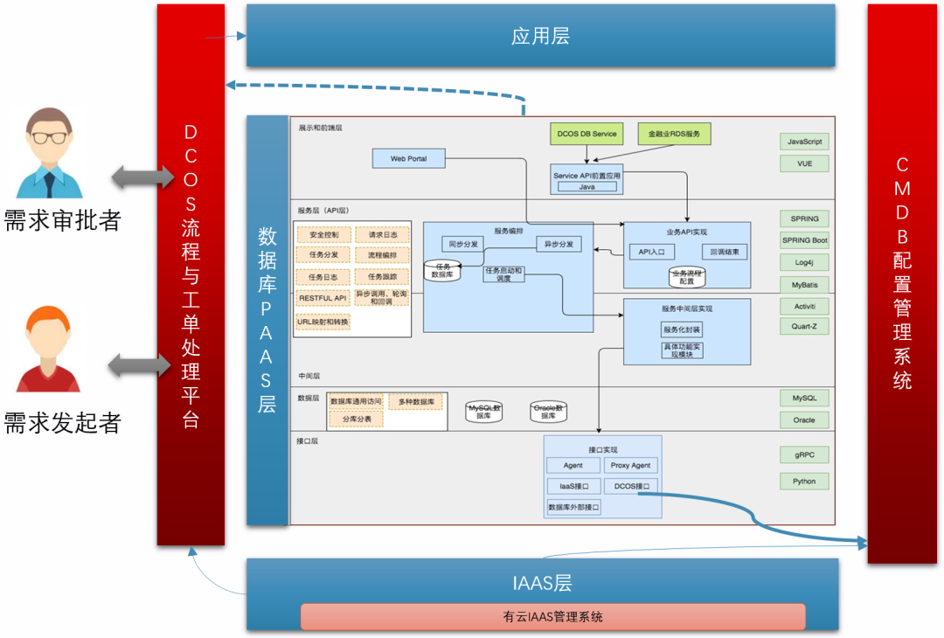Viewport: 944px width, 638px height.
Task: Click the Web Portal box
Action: (x=408, y=159)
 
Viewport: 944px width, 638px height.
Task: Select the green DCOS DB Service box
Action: (x=587, y=134)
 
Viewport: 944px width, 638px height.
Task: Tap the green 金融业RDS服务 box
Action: (x=674, y=134)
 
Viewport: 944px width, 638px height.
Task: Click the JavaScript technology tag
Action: (x=804, y=142)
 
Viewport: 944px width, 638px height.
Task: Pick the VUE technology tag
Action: (x=804, y=163)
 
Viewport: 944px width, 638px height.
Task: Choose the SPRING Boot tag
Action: (x=804, y=240)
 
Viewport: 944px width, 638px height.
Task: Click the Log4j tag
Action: (x=804, y=262)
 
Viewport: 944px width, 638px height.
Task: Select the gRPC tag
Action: (x=804, y=455)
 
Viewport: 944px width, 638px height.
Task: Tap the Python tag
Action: (x=804, y=481)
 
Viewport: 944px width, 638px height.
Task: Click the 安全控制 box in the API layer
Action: (x=323, y=234)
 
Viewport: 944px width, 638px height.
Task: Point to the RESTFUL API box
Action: (x=323, y=298)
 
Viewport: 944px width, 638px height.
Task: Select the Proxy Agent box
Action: (x=630, y=466)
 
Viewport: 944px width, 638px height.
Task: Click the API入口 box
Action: (x=651, y=252)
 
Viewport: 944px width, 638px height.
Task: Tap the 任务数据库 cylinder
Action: (x=442, y=270)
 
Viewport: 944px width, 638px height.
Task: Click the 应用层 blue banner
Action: (x=540, y=36)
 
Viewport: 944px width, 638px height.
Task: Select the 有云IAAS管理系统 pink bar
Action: (x=553, y=616)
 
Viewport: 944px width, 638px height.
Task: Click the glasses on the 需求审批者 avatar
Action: (x=50, y=137)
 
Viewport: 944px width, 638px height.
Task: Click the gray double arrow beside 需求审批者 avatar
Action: (x=142, y=177)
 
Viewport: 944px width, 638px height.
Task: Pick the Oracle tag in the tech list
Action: (x=804, y=420)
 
